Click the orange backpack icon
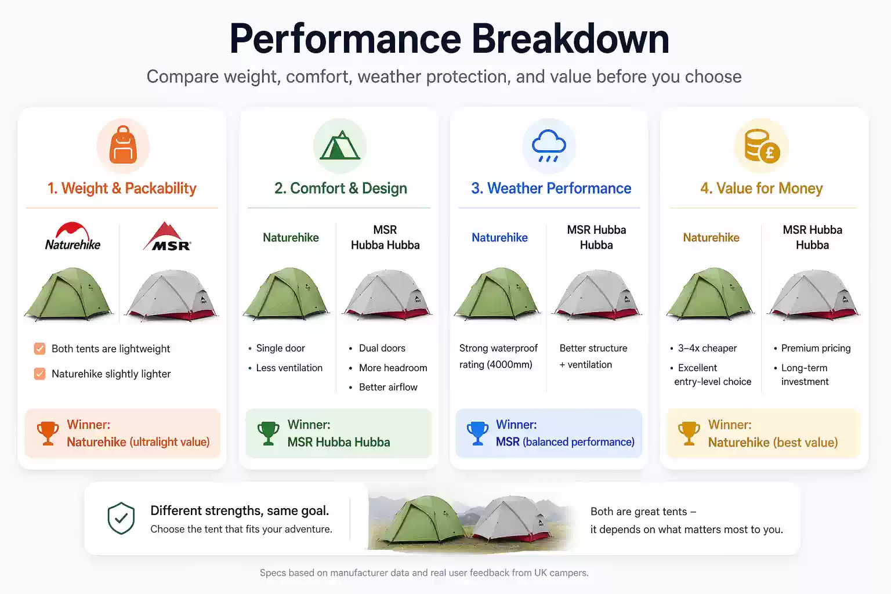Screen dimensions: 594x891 (x=123, y=145)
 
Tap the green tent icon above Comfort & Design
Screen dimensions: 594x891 (x=340, y=145)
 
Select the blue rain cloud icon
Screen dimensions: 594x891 (x=549, y=145)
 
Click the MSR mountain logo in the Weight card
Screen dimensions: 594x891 (x=168, y=237)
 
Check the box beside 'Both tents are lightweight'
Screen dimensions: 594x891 (x=39, y=349)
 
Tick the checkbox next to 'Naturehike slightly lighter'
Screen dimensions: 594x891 (x=39, y=374)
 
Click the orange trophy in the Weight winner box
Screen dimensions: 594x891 (x=48, y=433)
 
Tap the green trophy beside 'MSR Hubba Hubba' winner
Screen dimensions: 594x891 (x=268, y=433)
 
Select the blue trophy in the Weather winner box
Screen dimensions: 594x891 (x=477, y=433)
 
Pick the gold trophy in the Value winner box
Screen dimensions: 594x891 (x=689, y=433)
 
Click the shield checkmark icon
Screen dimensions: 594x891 (x=121, y=518)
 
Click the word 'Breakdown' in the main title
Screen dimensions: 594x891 (x=570, y=39)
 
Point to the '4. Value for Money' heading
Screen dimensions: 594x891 (x=761, y=189)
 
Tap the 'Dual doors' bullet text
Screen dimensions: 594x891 (x=382, y=348)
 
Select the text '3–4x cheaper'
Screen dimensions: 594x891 (x=707, y=348)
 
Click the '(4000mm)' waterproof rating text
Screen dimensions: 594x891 (x=509, y=365)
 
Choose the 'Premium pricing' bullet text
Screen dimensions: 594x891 (x=816, y=348)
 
